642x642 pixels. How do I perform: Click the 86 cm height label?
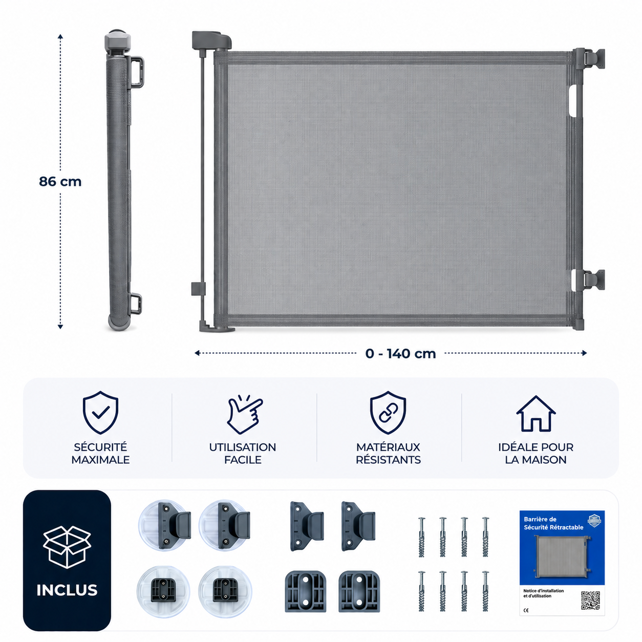[x=60, y=182]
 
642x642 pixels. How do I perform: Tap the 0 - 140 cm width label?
[x=400, y=353]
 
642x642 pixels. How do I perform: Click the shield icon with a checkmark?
[x=100, y=413]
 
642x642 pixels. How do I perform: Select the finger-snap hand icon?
[x=245, y=414]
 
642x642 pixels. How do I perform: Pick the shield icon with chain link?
[x=388, y=413]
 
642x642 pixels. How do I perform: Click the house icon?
[x=536, y=414]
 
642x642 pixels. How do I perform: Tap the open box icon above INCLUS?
[x=67, y=547]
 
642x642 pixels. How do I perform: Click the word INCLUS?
[x=67, y=590]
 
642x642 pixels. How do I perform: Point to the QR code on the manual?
[x=590, y=601]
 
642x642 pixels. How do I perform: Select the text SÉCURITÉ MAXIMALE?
[x=100, y=454]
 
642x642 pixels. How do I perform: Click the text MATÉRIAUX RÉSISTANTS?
[x=388, y=454]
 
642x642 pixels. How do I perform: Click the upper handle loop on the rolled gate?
[x=137, y=72]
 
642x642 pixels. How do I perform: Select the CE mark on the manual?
[x=526, y=610]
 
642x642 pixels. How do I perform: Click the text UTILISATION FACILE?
[x=243, y=454]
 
